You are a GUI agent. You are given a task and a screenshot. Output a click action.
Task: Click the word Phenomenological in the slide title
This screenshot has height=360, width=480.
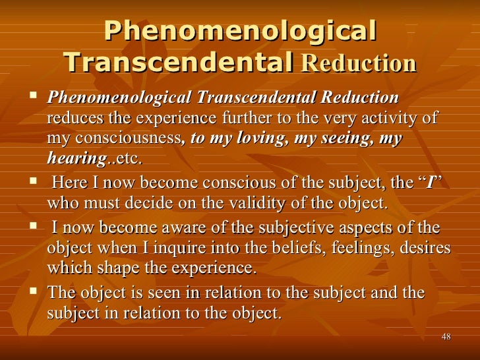click(240, 30)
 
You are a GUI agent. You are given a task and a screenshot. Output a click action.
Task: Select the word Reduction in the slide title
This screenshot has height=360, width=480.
click(359, 63)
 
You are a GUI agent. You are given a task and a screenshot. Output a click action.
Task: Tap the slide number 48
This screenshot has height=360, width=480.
click(446, 338)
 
